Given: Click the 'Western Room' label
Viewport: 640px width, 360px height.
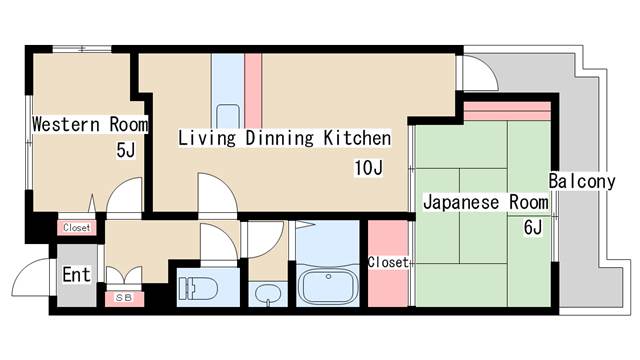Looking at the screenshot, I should [x=89, y=125].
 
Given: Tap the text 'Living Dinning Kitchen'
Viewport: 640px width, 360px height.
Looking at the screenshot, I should [x=284, y=138].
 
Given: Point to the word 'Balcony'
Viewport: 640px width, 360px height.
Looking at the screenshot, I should [x=581, y=182].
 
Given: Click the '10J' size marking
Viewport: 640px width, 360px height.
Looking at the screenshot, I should [x=367, y=167].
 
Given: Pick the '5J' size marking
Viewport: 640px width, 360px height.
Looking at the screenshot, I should [x=125, y=152].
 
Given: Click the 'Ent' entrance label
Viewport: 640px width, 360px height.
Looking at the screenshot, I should [x=76, y=274].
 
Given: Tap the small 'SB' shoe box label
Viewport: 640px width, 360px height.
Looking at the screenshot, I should [x=124, y=298].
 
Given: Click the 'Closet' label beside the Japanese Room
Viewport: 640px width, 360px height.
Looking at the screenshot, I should [x=388, y=262].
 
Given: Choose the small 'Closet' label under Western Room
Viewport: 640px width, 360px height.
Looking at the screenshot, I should [x=76, y=228].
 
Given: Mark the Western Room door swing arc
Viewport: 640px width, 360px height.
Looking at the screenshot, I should [x=125, y=198].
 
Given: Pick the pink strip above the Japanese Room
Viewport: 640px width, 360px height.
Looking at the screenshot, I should [x=507, y=109].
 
